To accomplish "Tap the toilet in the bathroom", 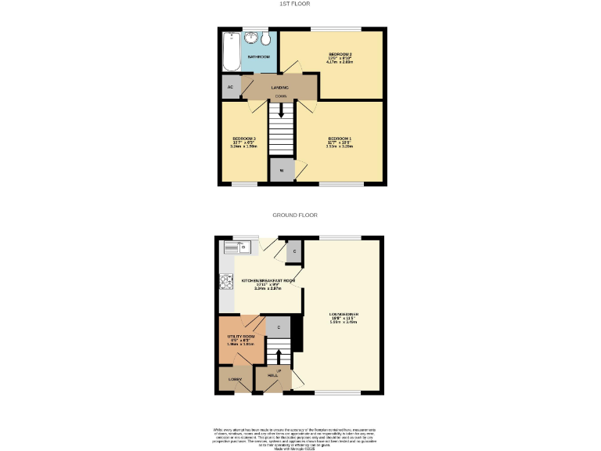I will [x=265, y=40].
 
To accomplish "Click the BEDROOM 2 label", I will [x=340, y=54].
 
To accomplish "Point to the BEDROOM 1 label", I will [x=340, y=138].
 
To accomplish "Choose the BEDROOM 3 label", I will [x=244, y=139].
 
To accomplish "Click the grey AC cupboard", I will [x=231, y=87].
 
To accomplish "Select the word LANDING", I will [x=280, y=88].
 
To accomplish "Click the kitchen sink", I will [x=239, y=248].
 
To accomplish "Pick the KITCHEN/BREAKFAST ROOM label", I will [x=268, y=280].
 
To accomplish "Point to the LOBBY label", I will [x=235, y=379].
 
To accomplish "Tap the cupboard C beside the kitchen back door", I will [x=293, y=251].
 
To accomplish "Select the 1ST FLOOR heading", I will [x=295, y=4].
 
